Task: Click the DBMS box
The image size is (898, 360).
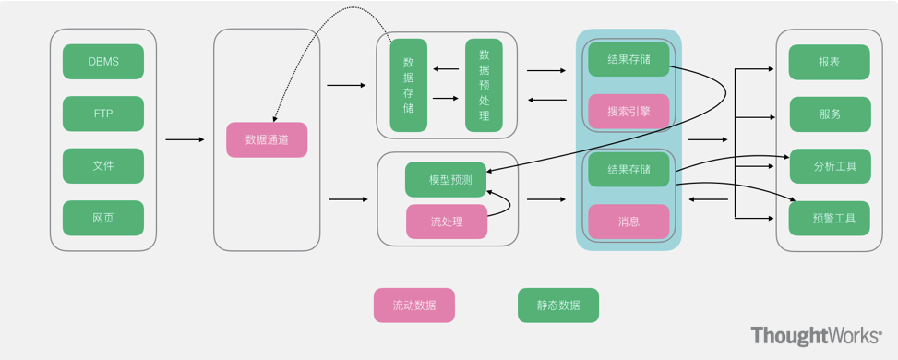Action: click(x=103, y=62)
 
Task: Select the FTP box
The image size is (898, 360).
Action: click(x=103, y=114)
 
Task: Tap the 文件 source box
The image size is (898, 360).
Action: click(x=103, y=166)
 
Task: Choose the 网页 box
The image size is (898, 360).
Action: click(x=103, y=218)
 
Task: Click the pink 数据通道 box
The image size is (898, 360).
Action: click(x=267, y=139)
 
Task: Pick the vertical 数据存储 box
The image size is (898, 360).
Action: click(x=409, y=85)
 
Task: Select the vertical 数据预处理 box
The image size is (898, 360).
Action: click(x=484, y=85)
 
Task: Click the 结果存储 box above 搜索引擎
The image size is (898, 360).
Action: click(x=629, y=59)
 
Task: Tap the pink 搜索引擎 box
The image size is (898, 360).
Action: click(x=629, y=112)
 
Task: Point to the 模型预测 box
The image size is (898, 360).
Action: click(x=446, y=179)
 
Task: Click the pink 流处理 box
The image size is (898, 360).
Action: click(x=446, y=222)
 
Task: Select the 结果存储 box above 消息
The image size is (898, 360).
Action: click(x=629, y=170)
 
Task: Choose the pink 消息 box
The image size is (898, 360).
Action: click(x=629, y=222)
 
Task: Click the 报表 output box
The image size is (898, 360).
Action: click(x=830, y=62)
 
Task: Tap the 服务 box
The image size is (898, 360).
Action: click(x=830, y=114)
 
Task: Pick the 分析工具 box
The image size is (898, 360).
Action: click(x=830, y=166)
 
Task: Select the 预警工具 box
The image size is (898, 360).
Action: click(x=830, y=219)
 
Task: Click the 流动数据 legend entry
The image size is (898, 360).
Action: click(x=413, y=305)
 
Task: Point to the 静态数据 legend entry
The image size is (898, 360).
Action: click(x=558, y=305)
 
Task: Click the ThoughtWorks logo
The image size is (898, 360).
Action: click(x=816, y=336)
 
